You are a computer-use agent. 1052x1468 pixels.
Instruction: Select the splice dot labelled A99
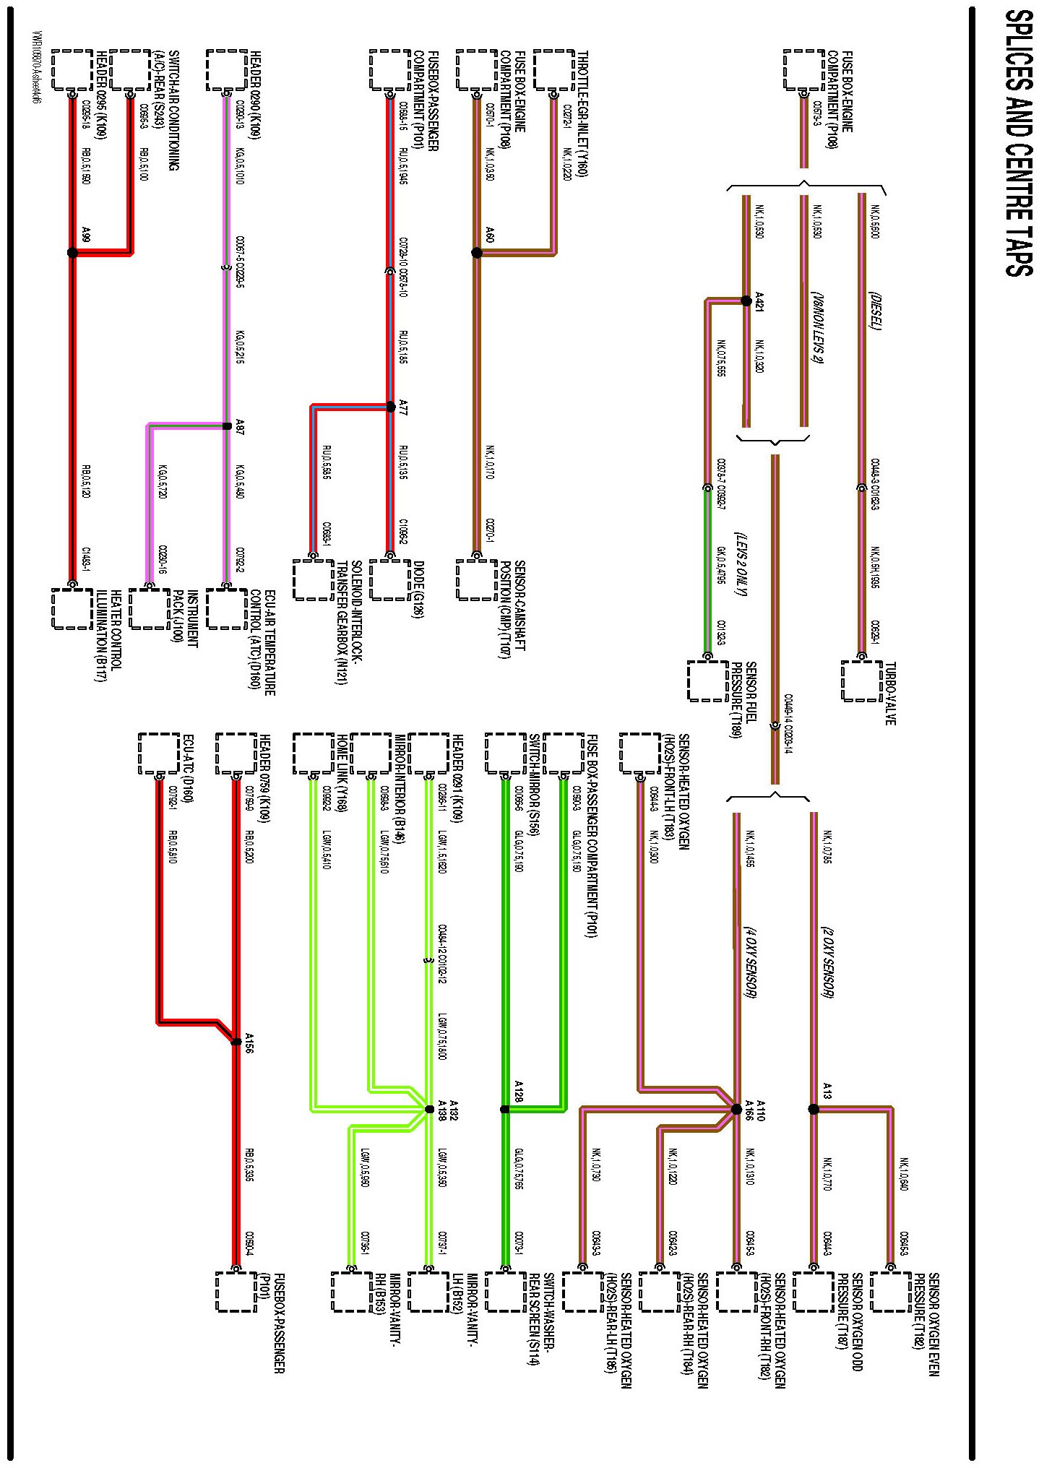coord(72,253)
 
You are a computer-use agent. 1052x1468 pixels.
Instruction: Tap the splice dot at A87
coord(227,426)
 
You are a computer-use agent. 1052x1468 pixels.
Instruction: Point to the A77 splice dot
coord(391,407)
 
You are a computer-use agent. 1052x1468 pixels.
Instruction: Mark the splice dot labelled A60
coord(476,253)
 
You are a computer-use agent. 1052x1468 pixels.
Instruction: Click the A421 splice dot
coord(746,301)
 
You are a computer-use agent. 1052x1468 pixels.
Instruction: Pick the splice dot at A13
coord(813,1109)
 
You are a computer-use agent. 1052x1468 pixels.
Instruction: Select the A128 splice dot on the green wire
coord(505,1109)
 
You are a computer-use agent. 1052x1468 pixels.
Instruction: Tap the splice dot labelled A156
coord(236,1042)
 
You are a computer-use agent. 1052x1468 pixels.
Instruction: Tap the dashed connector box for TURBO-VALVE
coord(861,681)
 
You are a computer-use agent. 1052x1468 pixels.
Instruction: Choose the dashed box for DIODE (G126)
coord(390,579)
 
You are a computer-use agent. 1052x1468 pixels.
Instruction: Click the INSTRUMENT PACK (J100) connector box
coord(150,608)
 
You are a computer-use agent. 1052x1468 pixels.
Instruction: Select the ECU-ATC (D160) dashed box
coord(159,754)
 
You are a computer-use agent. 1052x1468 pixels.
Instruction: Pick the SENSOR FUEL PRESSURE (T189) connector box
coord(707,681)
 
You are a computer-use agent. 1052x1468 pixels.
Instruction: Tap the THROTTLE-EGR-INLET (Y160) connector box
coord(553,70)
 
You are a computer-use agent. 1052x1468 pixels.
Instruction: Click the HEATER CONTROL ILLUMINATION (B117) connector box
coord(72,608)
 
